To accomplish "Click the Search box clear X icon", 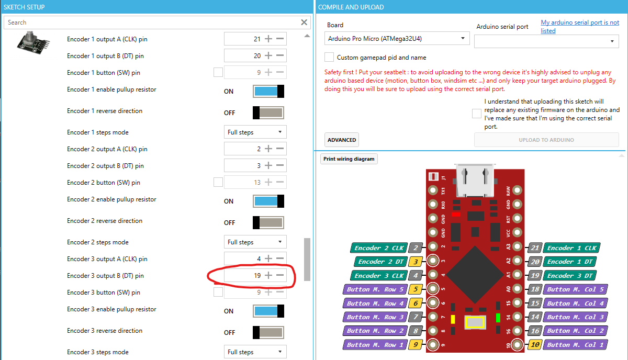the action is (304, 22).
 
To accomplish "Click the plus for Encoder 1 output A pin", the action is (268, 39).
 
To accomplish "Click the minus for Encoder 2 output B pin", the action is (280, 165).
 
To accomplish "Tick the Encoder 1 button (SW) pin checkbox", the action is (218, 73).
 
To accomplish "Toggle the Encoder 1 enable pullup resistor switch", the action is (268, 91).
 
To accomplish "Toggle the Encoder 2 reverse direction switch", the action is (268, 222).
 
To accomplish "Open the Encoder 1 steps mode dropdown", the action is (255, 132).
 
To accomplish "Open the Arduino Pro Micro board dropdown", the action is (397, 38).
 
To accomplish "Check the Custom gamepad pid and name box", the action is (329, 57).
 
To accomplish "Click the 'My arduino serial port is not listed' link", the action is (580, 27).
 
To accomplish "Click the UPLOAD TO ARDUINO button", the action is (546, 140).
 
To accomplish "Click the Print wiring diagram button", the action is (349, 159).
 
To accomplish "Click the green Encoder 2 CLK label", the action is (379, 248).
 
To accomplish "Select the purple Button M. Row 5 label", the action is (375, 289).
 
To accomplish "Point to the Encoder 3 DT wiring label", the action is (571, 275).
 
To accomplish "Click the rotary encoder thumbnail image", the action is (33, 41).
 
